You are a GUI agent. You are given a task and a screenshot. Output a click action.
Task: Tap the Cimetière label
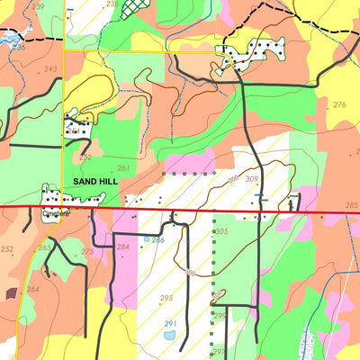(x=55, y=215)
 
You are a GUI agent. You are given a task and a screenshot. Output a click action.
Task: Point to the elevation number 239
(x=38, y=5)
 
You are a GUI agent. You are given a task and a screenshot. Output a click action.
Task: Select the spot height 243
(x=50, y=69)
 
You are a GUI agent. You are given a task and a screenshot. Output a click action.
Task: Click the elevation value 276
(x=339, y=105)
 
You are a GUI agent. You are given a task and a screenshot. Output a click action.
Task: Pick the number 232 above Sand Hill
(x=85, y=157)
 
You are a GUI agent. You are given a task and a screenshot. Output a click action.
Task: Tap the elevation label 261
(x=123, y=168)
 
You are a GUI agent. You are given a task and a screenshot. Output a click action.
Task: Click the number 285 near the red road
(x=351, y=206)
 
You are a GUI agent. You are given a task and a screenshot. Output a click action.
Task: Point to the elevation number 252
(x=8, y=248)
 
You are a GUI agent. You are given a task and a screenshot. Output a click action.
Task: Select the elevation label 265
(x=44, y=247)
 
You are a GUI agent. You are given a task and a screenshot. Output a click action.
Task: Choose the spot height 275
(x=87, y=252)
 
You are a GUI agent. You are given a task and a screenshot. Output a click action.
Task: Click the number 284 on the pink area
(x=123, y=246)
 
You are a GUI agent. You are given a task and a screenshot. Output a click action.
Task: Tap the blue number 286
(x=157, y=239)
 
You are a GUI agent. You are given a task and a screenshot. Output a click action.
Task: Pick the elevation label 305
(x=222, y=231)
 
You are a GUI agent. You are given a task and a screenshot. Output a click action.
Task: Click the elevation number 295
(x=166, y=298)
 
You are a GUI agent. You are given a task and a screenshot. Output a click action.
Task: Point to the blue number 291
(x=170, y=323)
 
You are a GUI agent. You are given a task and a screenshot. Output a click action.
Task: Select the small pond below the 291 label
(x=170, y=336)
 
